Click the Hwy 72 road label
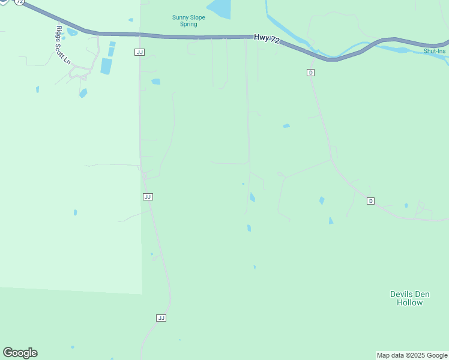pos(267,38)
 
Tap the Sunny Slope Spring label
pos(188,21)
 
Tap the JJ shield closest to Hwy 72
pos(140,52)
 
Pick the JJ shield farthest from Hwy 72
pos(161,317)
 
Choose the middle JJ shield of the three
pos(148,197)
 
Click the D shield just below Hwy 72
pos(310,73)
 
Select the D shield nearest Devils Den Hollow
pos(370,201)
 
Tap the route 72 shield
pos(20,2)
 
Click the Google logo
pos(20,353)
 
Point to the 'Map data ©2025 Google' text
pos(412,355)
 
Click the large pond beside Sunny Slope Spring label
pos(220,8)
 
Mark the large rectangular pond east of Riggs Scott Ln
pos(106,66)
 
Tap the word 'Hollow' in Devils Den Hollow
pos(409,302)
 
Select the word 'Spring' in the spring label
pos(188,25)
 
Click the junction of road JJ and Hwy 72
pos(140,35)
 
